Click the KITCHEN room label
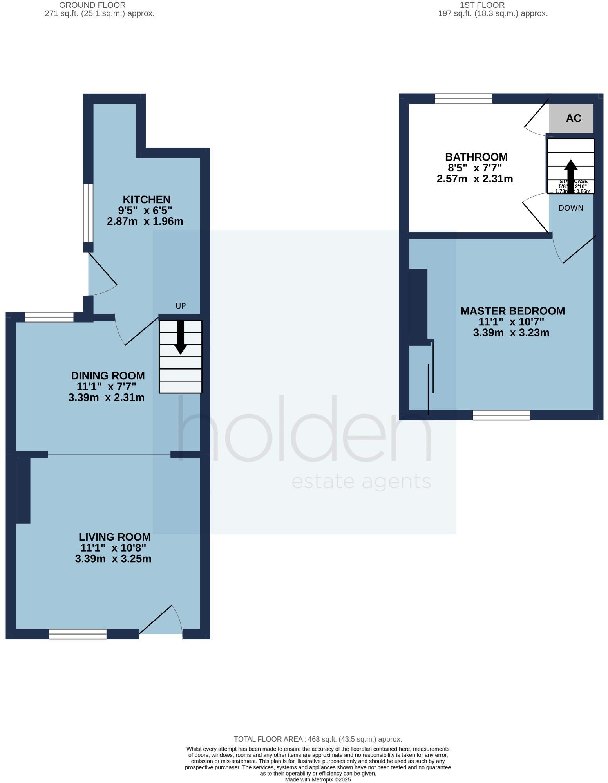pos(147,199)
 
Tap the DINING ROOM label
pos(108,376)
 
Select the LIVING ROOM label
pos(114,537)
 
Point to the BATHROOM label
pos(476,157)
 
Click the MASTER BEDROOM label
pos(512,311)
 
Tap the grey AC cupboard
pos(571,118)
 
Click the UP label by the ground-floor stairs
pos(181,306)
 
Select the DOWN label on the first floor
pos(571,208)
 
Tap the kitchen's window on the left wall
pos(89,213)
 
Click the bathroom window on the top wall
pos(463,98)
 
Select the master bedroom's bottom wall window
pos(501,415)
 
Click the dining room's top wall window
pos(49,317)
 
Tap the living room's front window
pos(78,634)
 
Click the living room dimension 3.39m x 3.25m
pos(113,559)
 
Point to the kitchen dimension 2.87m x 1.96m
pos(145,221)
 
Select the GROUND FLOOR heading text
pos(92,5)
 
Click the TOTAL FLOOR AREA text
pos(318,739)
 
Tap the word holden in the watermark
pos(305,429)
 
